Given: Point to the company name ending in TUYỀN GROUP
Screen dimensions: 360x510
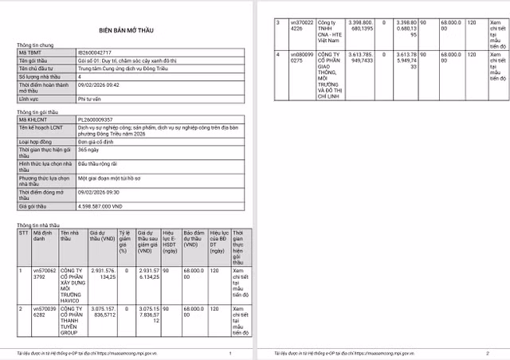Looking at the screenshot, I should point(71,320).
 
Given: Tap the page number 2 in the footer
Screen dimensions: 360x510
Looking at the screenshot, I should point(487,353).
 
